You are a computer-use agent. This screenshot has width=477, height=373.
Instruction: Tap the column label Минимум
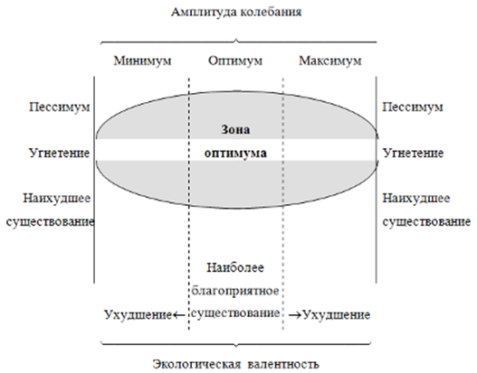pyautogui.click(x=142, y=61)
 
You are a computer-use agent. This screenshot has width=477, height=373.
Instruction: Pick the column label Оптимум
pyautogui.click(x=235, y=61)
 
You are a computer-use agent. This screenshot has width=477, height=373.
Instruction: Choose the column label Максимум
pyautogui.click(x=330, y=61)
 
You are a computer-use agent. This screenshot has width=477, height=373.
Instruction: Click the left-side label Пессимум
pyautogui.click(x=60, y=107)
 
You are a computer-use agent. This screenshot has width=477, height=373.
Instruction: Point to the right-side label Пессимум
pyautogui.click(x=413, y=107)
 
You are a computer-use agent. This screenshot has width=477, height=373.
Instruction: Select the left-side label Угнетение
pyautogui.click(x=60, y=153)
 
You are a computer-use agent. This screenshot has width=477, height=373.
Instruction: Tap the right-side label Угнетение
pyautogui.click(x=413, y=153)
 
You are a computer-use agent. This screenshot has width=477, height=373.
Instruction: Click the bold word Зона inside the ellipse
pyautogui.click(x=235, y=129)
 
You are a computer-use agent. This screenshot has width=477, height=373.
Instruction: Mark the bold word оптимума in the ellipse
pyautogui.click(x=235, y=153)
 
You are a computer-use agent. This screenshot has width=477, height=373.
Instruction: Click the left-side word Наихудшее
pyautogui.click(x=57, y=199)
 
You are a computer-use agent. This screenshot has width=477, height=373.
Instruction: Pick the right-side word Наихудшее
pyautogui.click(x=416, y=199)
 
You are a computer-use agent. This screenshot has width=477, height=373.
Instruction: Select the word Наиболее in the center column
pyautogui.click(x=235, y=267)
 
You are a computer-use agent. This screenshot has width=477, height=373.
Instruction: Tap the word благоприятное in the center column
pyautogui.click(x=235, y=291)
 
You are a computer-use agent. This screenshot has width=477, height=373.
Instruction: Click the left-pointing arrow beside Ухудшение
pyautogui.click(x=179, y=315)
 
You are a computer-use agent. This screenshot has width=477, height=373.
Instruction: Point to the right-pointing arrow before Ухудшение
pyautogui.click(x=294, y=315)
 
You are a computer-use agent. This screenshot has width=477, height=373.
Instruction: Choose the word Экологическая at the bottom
pyautogui.click(x=196, y=364)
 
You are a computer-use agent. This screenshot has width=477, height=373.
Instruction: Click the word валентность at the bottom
pyautogui.click(x=283, y=364)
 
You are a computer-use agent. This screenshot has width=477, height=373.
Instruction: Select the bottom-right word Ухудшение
pyautogui.click(x=337, y=315)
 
